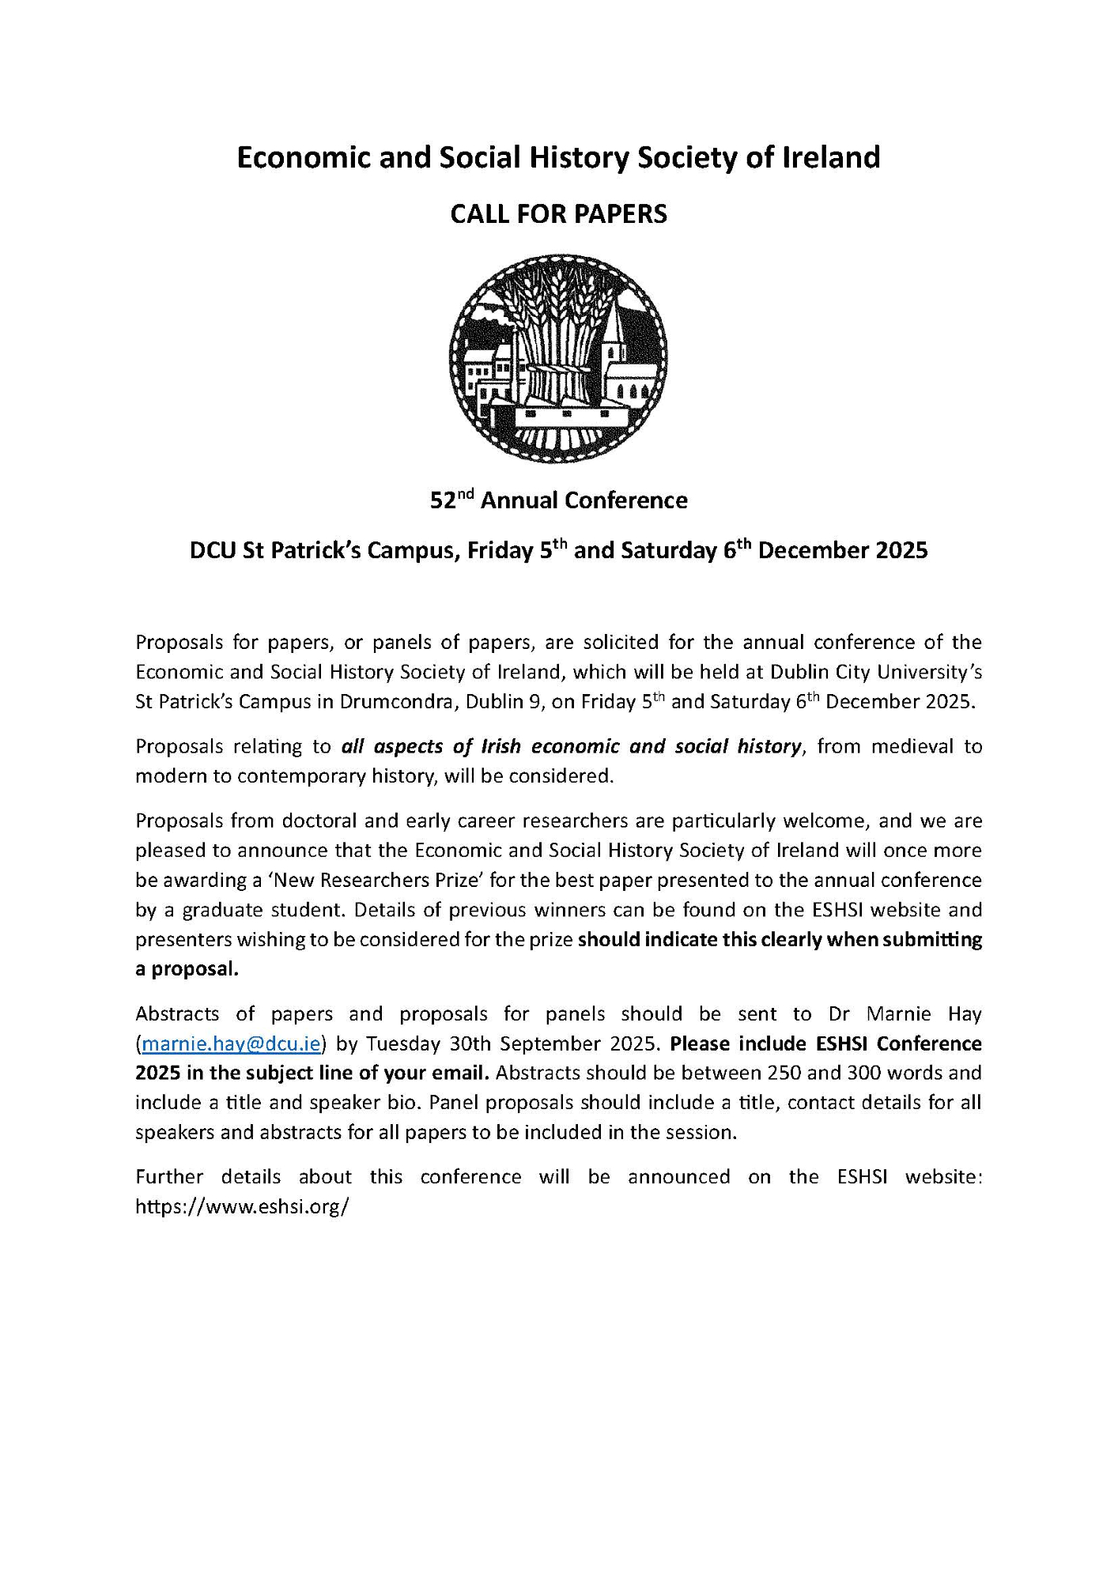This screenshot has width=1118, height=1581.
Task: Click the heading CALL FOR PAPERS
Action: [558, 214]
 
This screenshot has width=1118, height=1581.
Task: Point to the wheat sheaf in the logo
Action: [557, 340]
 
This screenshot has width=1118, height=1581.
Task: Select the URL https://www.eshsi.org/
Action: [242, 1207]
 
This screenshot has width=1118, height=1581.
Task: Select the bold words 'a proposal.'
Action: [187, 969]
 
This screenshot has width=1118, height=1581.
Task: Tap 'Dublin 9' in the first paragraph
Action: [503, 702]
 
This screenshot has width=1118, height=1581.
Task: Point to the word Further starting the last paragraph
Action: [169, 1177]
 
